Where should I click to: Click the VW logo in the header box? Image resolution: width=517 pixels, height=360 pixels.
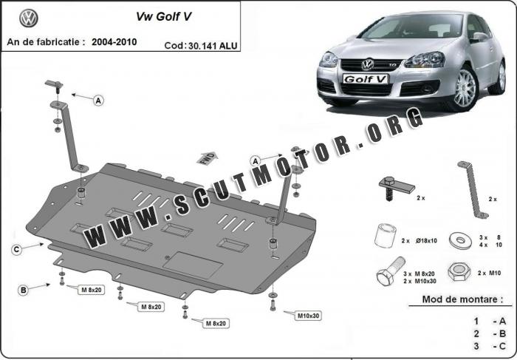click(29, 18)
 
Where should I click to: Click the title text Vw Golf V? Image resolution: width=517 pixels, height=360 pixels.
click(163, 17)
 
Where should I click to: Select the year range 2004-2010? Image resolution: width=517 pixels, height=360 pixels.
click(114, 42)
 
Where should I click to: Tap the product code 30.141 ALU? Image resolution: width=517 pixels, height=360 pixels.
click(213, 46)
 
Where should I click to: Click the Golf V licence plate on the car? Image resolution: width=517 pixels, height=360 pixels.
click(366, 79)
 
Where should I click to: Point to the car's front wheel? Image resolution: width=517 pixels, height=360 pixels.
click(465, 88)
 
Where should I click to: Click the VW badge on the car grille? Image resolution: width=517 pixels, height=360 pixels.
click(368, 64)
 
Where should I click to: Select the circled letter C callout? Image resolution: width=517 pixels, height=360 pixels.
click(16, 249)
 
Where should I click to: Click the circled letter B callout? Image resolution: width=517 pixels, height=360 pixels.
click(23, 290)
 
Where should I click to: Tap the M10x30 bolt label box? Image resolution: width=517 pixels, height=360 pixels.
click(308, 316)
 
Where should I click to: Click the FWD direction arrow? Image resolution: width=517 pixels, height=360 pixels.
click(208, 158)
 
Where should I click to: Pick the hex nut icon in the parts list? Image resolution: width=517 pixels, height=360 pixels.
click(459, 271)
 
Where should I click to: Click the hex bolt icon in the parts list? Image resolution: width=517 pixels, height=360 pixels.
click(391, 271)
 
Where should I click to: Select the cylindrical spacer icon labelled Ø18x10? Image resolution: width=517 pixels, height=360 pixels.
click(386, 235)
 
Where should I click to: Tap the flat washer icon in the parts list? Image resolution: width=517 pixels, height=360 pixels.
click(460, 240)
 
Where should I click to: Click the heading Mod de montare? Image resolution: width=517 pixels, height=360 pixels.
click(462, 299)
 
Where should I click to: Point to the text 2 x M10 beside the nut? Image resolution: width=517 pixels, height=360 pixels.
click(489, 273)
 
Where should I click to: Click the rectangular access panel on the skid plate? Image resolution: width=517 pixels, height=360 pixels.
click(193, 265)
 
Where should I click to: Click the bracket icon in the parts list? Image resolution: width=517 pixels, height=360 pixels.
click(473, 190)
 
